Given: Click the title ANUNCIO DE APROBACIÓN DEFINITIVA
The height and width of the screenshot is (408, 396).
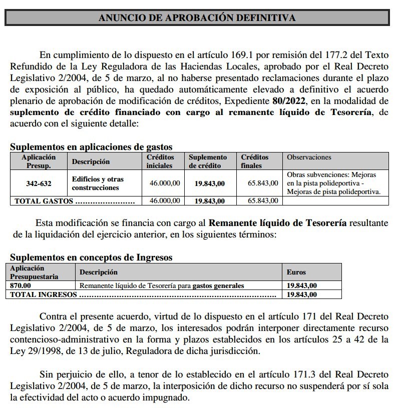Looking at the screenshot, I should pyautogui.click(x=197, y=17).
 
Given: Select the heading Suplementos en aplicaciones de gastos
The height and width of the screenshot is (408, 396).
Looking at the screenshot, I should pyautogui.click(x=91, y=147).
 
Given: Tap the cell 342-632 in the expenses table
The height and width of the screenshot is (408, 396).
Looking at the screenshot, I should pyautogui.click(x=39, y=183).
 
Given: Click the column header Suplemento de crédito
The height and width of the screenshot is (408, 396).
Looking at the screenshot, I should pyautogui.click(x=208, y=161).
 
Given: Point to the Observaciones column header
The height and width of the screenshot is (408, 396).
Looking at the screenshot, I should pyautogui.click(x=309, y=157).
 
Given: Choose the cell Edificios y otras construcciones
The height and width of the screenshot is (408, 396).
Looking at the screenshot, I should pyautogui.click(x=98, y=183).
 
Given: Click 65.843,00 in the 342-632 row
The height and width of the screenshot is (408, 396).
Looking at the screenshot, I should pyautogui.click(x=263, y=183).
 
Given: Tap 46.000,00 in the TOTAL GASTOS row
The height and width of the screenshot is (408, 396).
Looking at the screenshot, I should pyautogui.click(x=165, y=201).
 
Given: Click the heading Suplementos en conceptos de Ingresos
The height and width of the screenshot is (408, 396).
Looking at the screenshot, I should pyautogui.click(x=91, y=257).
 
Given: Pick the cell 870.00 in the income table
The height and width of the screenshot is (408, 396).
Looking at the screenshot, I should pyautogui.click(x=21, y=285).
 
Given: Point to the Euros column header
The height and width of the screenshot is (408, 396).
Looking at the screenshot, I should pyautogui.click(x=296, y=272).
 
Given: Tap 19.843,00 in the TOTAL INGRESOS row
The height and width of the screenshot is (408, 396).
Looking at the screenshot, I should pyautogui.click(x=301, y=294).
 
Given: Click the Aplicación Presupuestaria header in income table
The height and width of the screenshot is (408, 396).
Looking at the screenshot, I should pyautogui.click(x=34, y=272).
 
